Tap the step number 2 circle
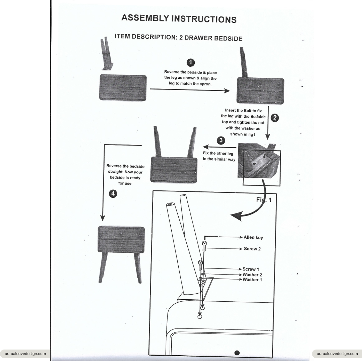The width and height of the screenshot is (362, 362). [x=275, y=118]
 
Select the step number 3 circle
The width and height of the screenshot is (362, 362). [x=221, y=140]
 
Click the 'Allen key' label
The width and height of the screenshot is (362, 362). [x=253, y=238]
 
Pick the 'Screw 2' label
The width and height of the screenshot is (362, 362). [x=252, y=249]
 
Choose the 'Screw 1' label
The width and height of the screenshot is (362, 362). [x=251, y=269]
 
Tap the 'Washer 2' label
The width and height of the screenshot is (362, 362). [x=252, y=275]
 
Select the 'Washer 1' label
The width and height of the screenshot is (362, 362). [x=252, y=280]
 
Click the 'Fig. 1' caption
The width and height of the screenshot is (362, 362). [x=264, y=200]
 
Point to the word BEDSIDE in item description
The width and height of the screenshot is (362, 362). [x=228, y=38]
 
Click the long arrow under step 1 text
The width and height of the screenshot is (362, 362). [x=189, y=90]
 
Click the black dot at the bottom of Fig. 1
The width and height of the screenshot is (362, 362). [x=237, y=353]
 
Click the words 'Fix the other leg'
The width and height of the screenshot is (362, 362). [x=218, y=153]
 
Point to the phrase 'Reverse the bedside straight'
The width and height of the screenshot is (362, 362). [x=125, y=169]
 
